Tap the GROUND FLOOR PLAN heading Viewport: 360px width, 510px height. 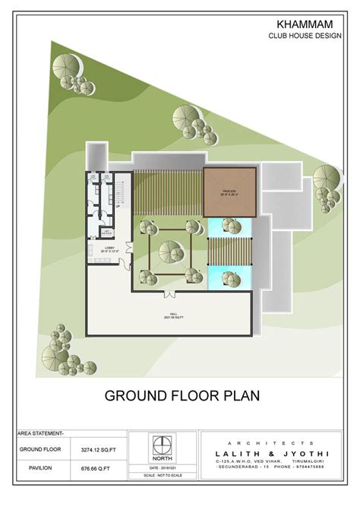(182, 395)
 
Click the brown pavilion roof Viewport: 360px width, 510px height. (230, 192)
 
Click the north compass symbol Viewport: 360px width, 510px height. (163, 445)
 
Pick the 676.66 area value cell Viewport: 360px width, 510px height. (96, 468)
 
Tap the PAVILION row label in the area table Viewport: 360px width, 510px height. (40, 468)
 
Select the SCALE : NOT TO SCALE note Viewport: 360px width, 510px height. (163, 475)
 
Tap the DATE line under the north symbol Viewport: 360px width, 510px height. (163, 467)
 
